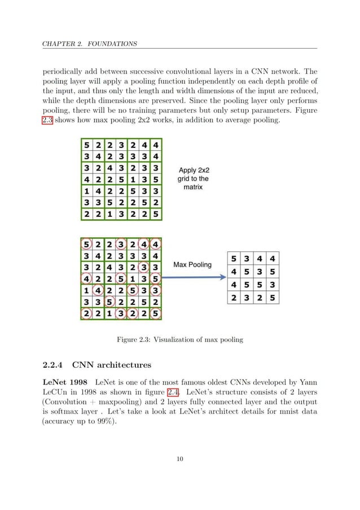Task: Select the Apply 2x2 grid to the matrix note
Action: (x=196, y=177)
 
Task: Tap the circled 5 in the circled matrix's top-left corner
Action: (x=86, y=245)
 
